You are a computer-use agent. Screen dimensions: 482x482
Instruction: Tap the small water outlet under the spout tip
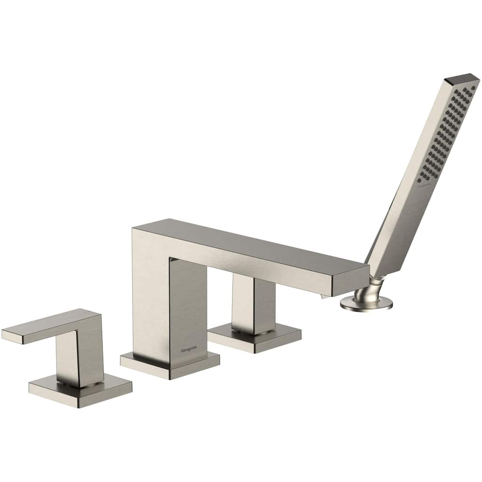coord(324,295)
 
